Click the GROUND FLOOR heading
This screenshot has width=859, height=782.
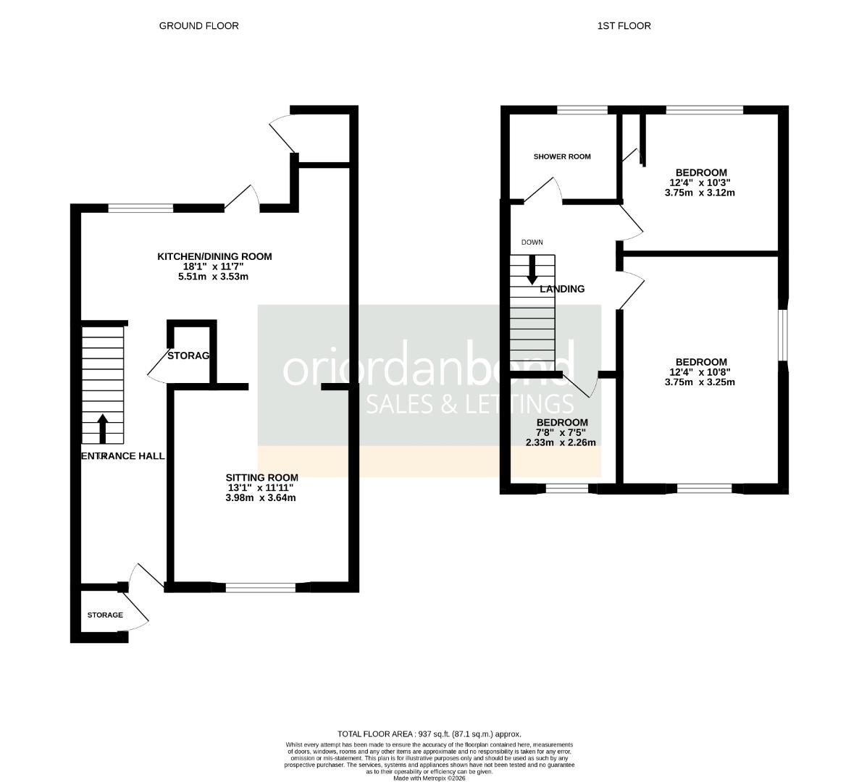(x=198, y=25)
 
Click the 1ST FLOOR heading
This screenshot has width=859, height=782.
(x=624, y=25)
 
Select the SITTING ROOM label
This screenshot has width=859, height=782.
(x=261, y=477)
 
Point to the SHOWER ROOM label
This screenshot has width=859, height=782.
(x=562, y=156)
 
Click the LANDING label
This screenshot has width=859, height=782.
(x=562, y=289)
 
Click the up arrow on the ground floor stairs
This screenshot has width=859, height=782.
(x=102, y=428)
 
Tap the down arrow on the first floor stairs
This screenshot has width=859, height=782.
(x=532, y=269)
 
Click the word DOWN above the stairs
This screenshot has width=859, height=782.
(x=532, y=243)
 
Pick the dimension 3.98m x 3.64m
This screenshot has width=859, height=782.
(x=261, y=497)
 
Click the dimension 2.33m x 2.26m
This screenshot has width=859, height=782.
(x=561, y=442)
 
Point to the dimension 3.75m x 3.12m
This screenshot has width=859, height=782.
(x=699, y=193)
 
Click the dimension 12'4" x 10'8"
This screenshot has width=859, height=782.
(x=699, y=372)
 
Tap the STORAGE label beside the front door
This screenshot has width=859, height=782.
(x=105, y=615)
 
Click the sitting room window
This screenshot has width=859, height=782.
(x=261, y=587)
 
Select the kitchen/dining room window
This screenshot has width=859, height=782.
(x=141, y=209)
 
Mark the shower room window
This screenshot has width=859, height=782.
(x=582, y=110)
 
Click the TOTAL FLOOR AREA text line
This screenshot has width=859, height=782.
(x=429, y=733)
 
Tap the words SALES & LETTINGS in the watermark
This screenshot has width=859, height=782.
(x=470, y=404)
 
